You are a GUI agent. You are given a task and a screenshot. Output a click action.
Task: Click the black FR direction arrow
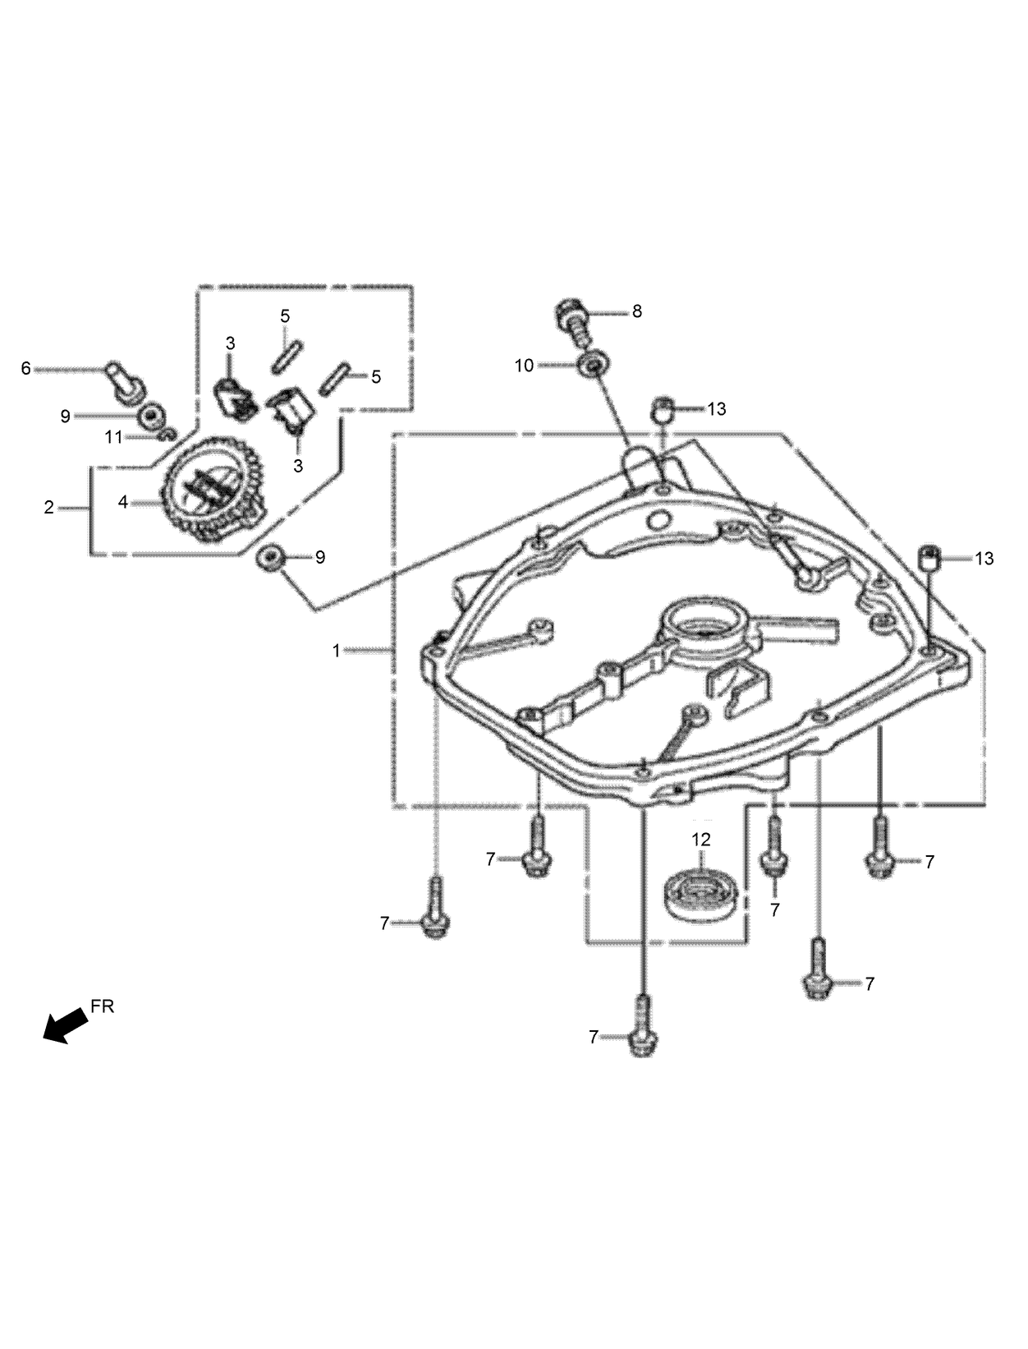coord(65,1026)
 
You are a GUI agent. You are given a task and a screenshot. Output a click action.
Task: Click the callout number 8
coord(636,311)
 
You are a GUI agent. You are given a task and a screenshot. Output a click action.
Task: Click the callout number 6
coord(25,369)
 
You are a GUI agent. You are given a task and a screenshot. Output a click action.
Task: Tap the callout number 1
coord(336,651)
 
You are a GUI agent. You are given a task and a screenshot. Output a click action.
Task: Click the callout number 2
coord(48,509)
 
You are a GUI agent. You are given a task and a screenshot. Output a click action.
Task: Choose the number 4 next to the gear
coord(123,501)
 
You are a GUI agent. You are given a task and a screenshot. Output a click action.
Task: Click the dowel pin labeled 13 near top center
coord(663,407)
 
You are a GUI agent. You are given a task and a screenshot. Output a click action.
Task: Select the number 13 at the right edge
coord(984,559)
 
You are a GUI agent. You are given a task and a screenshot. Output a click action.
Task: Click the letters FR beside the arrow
coord(103,1006)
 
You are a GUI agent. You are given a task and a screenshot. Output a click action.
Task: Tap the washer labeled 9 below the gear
coord(269,557)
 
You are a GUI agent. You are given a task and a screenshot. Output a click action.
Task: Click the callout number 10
coord(524,366)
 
